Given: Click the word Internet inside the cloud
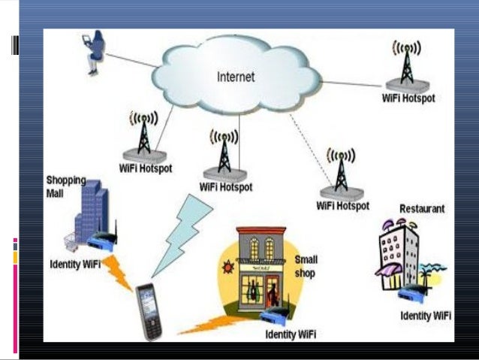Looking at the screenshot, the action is tap(236, 77).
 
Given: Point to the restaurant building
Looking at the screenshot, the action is tap(397, 256).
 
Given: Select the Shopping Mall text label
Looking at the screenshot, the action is tap(66, 186).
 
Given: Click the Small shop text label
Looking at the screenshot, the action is tap(306, 266).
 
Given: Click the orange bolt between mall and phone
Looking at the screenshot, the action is tap(119, 272).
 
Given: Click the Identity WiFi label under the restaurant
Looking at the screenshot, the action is tap(426, 316).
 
